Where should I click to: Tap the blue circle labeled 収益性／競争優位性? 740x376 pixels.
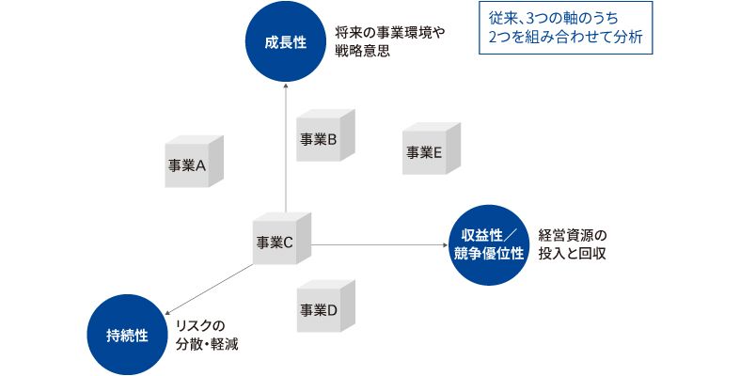point(489,245)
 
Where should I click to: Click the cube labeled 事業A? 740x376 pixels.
point(193,164)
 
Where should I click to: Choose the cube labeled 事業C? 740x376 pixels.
point(280,240)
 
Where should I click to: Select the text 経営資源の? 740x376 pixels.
point(574,234)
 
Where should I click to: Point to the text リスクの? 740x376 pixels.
point(201,325)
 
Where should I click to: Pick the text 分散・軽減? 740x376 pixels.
point(207,345)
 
